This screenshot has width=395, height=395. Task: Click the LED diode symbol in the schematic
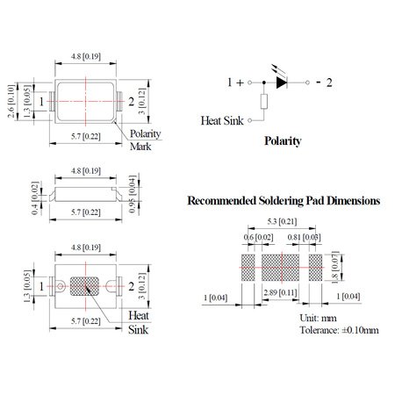click(282, 83)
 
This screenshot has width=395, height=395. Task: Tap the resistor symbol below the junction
click(264, 102)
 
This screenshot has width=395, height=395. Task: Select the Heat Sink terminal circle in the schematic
click(249, 120)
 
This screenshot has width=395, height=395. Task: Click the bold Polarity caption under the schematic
click(283, 141)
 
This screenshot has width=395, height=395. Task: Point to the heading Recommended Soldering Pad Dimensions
click(284, 201)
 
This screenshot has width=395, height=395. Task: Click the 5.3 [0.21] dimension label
click(282, 221)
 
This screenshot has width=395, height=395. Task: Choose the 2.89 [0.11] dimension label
click(280, 292)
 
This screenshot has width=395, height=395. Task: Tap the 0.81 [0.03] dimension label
click(304, 237)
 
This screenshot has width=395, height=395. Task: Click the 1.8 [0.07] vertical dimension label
click(335, 268)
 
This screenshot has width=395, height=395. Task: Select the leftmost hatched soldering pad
click(248, 268)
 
